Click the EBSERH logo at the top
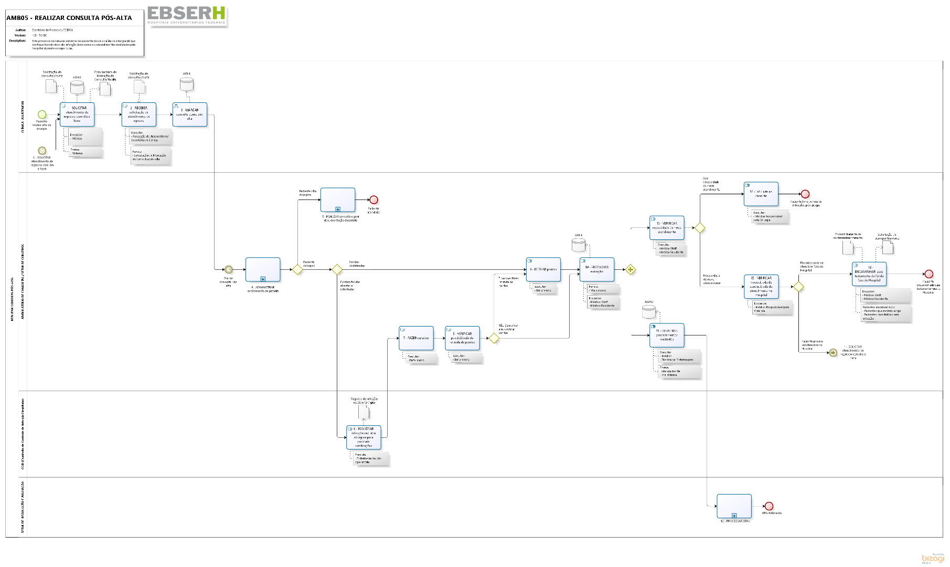point(187,14)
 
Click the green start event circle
point(42,114)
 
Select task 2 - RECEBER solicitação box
point(139,114)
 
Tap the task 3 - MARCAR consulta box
point(190,114)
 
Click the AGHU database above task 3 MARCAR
point(187,84)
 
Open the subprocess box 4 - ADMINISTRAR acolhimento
point(263,270)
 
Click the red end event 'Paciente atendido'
point(373,200)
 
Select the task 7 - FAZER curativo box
point(416,338)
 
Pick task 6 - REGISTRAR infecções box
point(364,437)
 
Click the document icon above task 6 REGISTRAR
point(364,411)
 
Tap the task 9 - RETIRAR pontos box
point(543,270)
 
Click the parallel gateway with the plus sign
point(631,270)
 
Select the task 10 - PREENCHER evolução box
point(597,270)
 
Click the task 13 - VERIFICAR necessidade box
point(667,228)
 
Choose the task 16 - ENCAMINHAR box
point(869,274)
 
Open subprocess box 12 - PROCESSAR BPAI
point(734,506)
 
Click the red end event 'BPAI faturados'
point(769,506)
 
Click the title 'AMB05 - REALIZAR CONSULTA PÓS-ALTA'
point(69,18)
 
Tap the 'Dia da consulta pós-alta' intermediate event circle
point(228,270)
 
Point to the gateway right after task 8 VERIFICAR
point(494,338)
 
